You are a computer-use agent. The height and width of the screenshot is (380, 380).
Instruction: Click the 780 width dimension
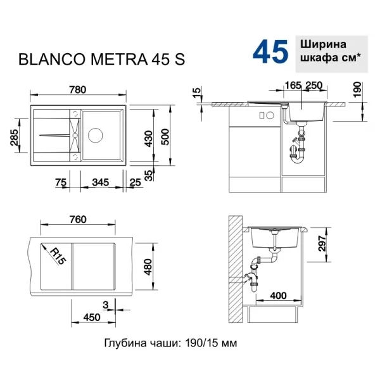tap(77, 90)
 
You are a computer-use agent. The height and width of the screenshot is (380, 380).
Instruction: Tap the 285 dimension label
tap(15, 137)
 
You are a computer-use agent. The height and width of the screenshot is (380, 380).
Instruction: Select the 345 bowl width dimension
tap(101, 182)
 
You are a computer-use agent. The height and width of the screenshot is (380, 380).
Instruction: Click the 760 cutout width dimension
tap(78, 219)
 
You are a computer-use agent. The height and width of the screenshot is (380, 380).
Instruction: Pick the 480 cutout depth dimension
tap(148, 267)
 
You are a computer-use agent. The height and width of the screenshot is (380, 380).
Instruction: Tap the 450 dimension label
tap(92, 317)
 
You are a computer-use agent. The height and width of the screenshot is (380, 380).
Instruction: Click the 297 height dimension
tap(322, 243)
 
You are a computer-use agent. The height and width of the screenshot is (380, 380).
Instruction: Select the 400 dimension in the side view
tap(278, 295)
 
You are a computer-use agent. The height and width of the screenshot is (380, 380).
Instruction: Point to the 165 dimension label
tap(293, 85)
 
